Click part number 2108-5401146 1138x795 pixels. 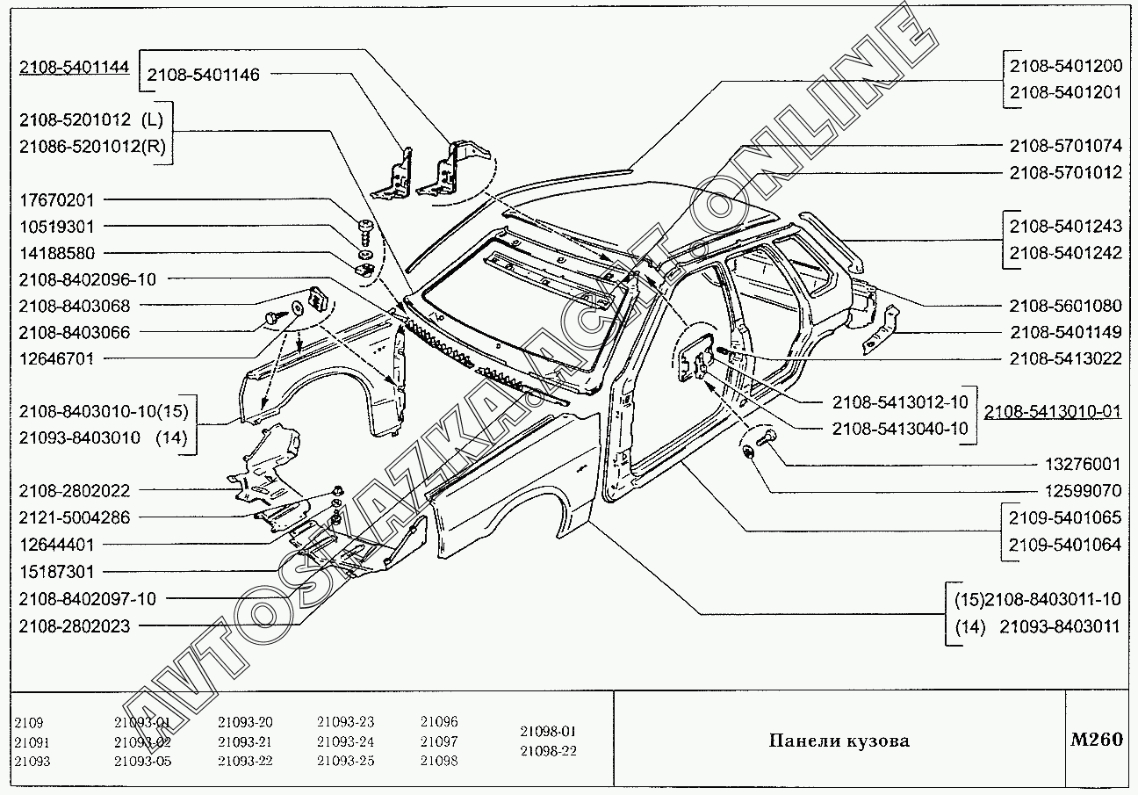[203, 76]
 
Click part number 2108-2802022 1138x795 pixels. [74, 491]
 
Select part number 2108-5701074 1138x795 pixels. [1065, 146]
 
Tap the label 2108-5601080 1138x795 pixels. [1065, 306]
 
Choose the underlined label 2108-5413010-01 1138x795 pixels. [1053, 411]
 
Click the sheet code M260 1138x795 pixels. [1096, 740]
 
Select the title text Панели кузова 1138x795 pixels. [839, 741]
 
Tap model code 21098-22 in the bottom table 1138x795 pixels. [548, 751]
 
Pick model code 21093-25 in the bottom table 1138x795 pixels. [345, 761]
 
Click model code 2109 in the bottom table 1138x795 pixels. [29, 722]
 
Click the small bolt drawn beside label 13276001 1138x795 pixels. [762, 436]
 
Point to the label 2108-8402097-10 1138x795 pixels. [86, 599]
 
